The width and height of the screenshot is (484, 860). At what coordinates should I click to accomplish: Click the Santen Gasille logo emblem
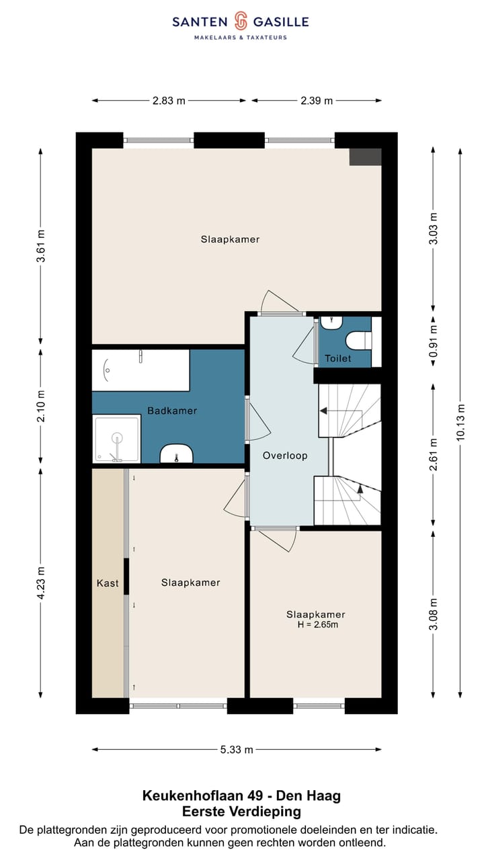click(241, 21)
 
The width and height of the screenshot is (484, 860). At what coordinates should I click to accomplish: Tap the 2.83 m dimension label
click(169, 101)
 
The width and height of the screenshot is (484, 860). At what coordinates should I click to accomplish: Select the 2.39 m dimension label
click(317, 101)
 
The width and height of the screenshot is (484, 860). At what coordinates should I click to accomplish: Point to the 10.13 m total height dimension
click(460, 422)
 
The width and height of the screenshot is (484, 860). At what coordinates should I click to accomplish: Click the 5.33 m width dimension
click(237, 749)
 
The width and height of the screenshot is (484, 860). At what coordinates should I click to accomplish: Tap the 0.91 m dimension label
click(433, 341)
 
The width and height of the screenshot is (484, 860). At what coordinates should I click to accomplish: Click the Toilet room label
click(337, 359)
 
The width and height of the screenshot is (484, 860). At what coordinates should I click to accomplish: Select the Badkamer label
click(172, 411)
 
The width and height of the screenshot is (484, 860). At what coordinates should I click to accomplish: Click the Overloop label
click(285, 456)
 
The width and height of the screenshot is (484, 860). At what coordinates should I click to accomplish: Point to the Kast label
click(108, 583)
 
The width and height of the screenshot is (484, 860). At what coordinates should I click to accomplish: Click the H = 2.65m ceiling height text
click(318, 625)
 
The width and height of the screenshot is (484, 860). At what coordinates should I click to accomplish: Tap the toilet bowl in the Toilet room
click(359, 341)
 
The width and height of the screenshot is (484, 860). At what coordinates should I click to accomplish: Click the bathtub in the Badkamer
click(140, 370)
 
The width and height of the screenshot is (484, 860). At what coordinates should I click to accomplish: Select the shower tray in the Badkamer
click(116, 439)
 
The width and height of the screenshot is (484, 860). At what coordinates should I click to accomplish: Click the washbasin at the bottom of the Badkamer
click(176, 454)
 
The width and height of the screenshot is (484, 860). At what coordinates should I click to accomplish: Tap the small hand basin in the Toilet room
click(331, 323)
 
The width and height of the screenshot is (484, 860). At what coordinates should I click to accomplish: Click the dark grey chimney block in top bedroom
click(365, 157)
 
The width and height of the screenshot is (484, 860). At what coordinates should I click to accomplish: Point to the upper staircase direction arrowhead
click(323, 411)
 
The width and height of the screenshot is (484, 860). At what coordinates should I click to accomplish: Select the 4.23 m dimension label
click(41, 582)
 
